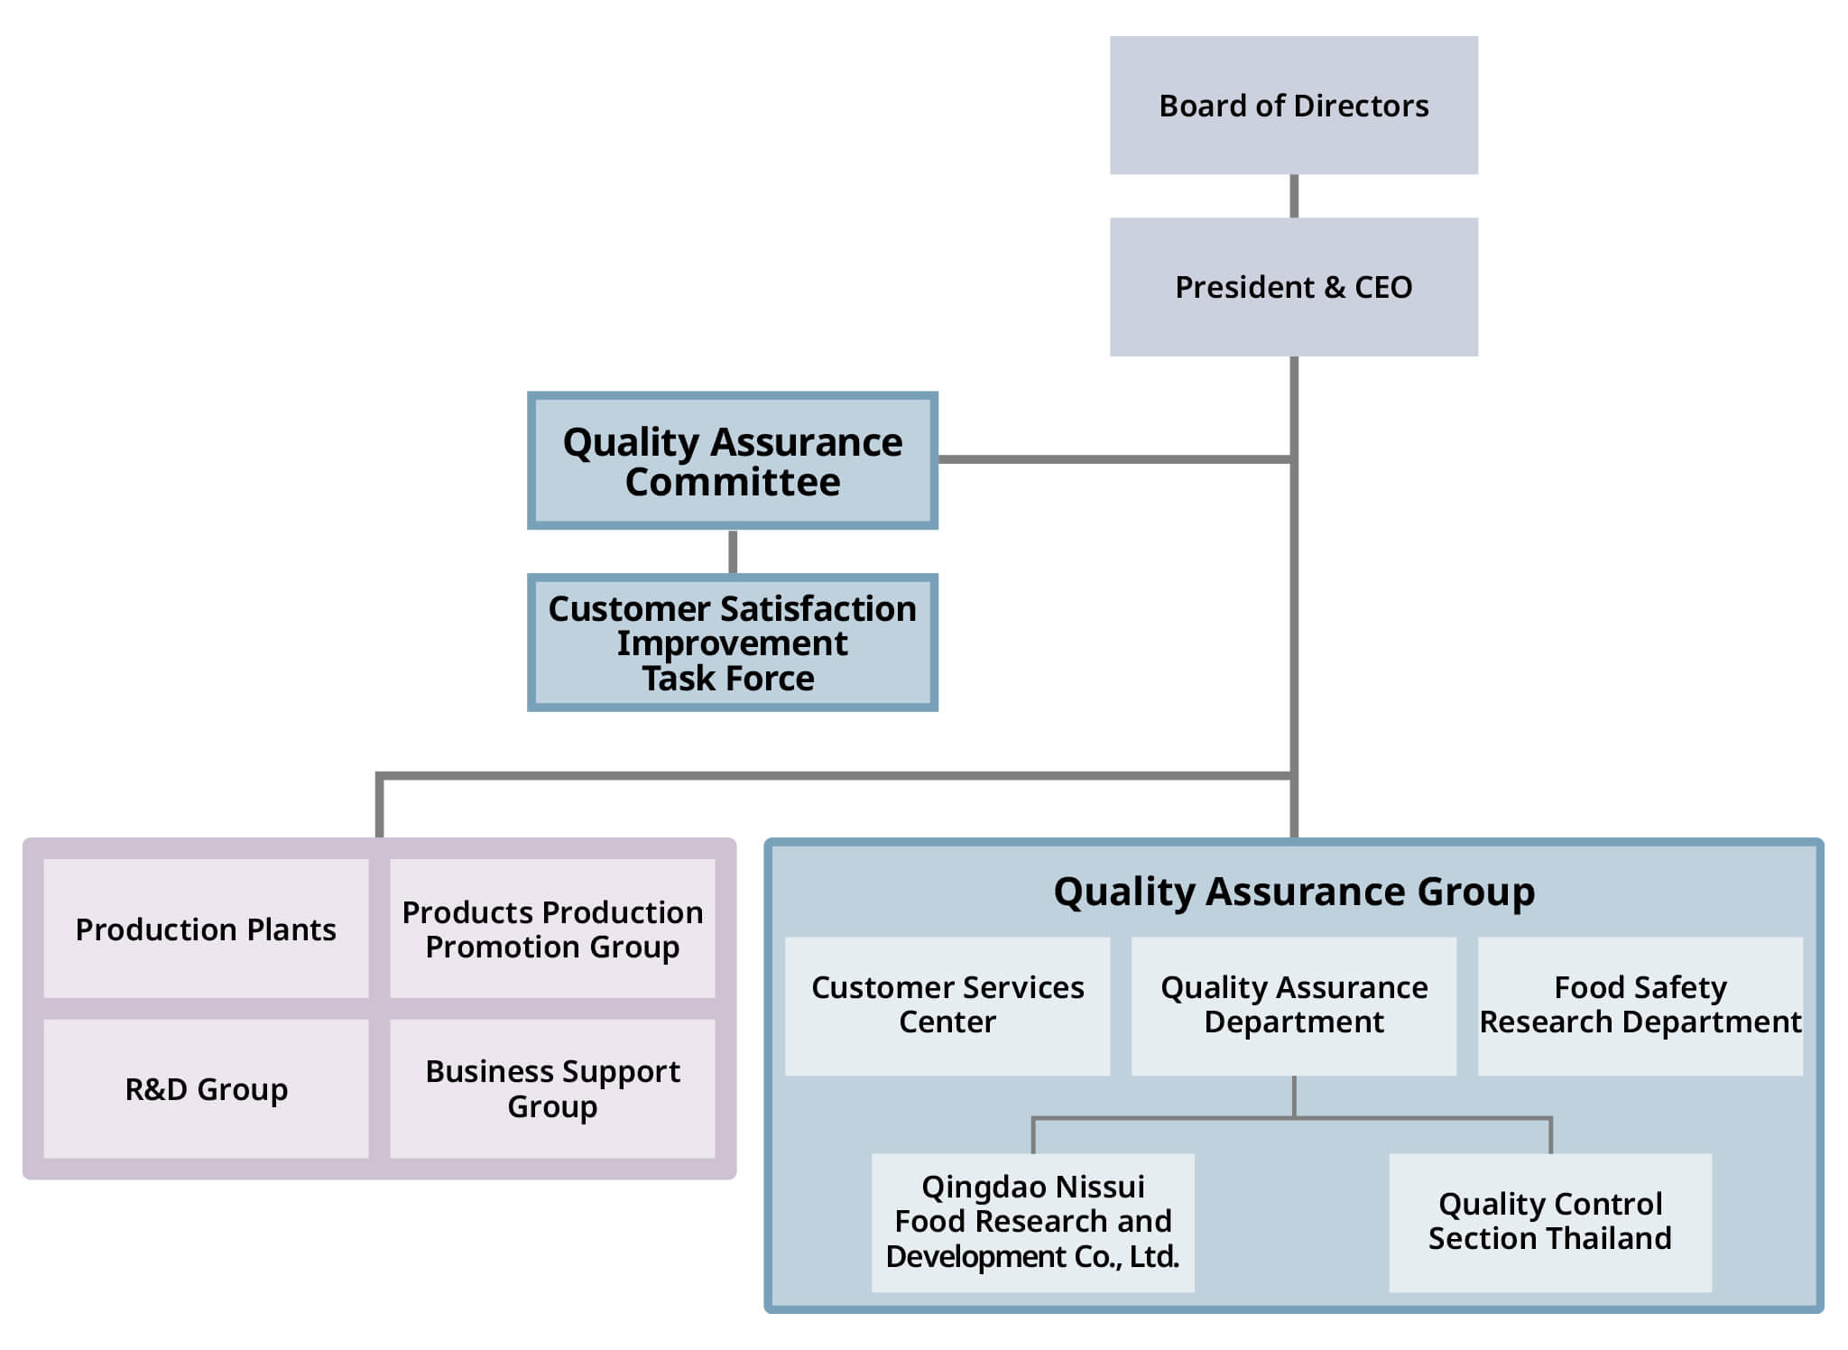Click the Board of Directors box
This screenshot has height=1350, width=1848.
click(1293, 106)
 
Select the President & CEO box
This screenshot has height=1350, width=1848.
click(1293, 287)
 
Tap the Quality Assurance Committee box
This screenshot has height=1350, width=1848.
click(733, 460)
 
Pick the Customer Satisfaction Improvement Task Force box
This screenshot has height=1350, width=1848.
click(733, 643)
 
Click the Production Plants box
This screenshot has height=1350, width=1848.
click(206, 929)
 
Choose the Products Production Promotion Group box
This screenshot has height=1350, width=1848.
click(552, 929)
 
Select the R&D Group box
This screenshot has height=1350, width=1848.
click(206, 1089)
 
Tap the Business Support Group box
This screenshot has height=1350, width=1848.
click(552, 1089)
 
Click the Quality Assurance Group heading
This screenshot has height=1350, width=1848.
click(1294, 892)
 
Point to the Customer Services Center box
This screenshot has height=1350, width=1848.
click(947, 1005)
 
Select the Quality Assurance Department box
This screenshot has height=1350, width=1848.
click(1294, 1005)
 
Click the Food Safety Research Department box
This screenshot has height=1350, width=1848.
click(1640, 1005)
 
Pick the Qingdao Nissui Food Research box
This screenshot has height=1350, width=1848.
click(1033, 1223)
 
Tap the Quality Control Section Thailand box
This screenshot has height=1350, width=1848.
click(1550, 1223)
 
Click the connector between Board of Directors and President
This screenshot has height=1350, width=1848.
click(1294, 196)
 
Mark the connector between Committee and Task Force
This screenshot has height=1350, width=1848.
click(733, 551)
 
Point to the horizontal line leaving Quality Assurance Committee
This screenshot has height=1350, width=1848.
click(1116, 459)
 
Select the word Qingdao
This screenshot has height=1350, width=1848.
click(975, 1188)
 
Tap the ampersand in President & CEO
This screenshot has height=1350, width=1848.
click(1335, 287)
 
